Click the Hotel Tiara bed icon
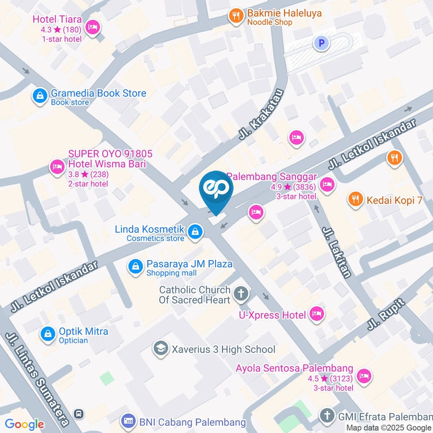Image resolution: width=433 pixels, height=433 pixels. [x=92, y=28]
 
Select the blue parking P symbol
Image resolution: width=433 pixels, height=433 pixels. [x=322, y=43]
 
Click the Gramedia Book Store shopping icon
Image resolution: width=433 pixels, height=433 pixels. [x=40, y=95]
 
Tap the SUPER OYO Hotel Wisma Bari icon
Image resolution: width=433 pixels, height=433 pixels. [x=57, y=167]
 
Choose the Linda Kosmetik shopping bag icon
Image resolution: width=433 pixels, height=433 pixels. [x=195, y=231]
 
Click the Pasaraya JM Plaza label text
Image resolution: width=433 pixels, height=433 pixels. [x=189, y=264]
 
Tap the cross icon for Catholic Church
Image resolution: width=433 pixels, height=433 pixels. [x=241, y=294]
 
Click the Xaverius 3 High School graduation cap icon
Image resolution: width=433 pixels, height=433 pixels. [x=160, y=348]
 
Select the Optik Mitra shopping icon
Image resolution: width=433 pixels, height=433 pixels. [x=47, y=334]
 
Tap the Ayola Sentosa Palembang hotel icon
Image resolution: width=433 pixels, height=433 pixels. [x=364, y=375]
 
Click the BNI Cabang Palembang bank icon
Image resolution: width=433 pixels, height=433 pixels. [x=128, y=422]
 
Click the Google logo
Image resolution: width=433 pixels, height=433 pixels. [x=24, y=424]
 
